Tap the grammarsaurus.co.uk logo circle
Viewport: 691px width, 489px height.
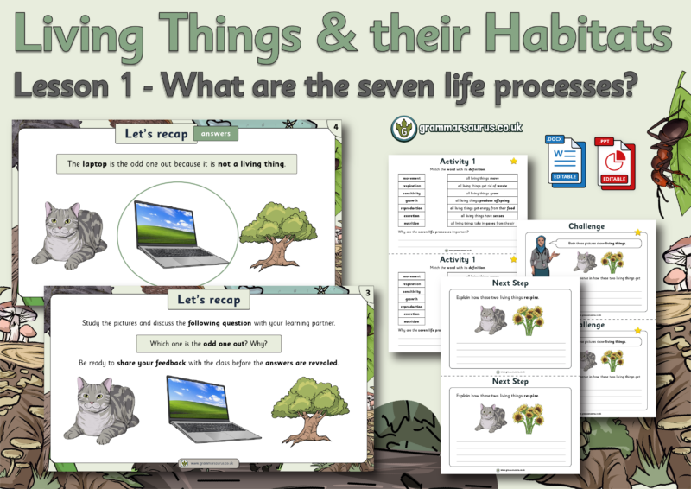click(x=401, y=127)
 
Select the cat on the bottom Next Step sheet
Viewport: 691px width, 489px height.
click(x=488, y=419)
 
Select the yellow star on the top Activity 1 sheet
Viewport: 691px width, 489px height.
click(x=513, y=161)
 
